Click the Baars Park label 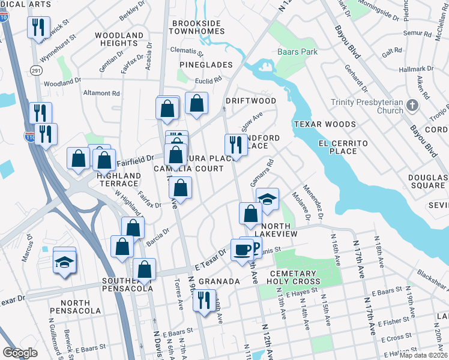(x=297, y=52)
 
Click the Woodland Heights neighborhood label (x=119, y=40)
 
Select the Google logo (x=19, y=353)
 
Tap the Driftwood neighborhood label (x=250, y=101)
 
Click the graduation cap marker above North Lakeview (x=268, y=199)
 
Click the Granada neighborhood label (x=219, y=281)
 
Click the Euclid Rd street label (x=208, y=79)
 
